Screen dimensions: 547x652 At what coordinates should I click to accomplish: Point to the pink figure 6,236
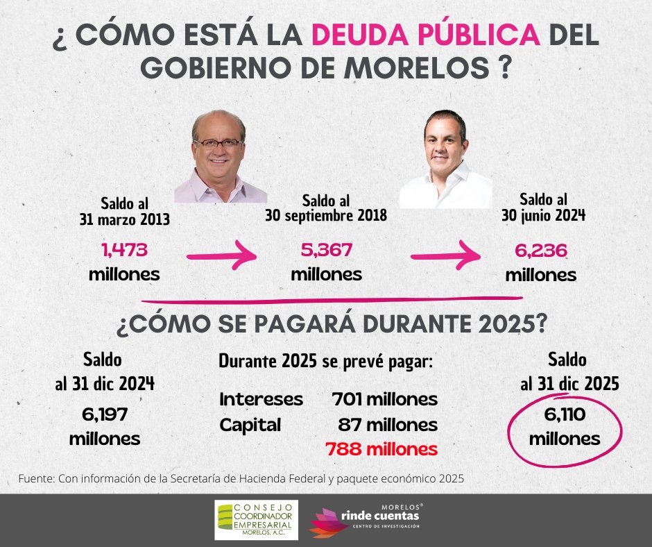540,251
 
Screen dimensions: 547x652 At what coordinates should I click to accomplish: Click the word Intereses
261,400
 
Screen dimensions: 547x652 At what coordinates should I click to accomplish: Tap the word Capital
250,425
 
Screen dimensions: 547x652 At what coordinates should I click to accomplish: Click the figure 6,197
105,415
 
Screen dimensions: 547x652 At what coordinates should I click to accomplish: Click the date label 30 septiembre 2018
326,216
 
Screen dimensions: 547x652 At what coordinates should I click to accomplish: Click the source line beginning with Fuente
239,479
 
